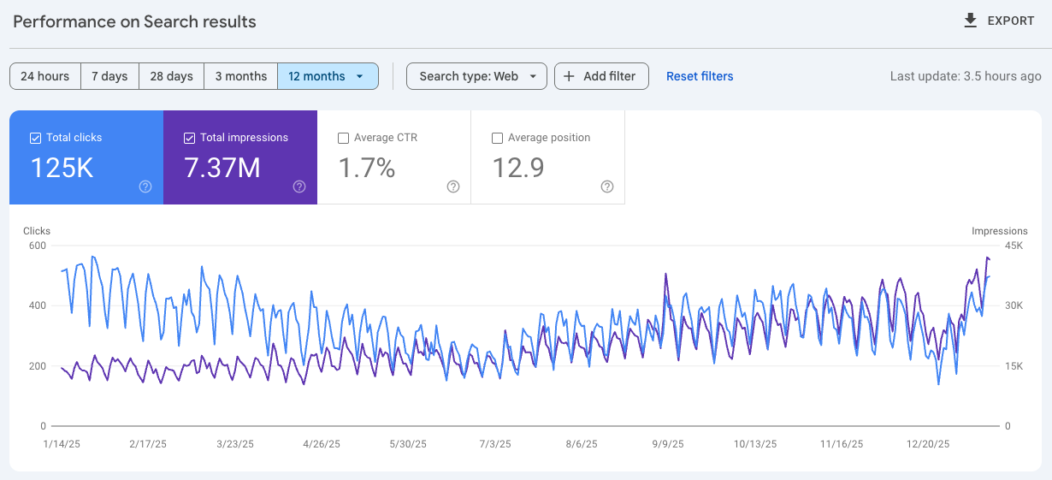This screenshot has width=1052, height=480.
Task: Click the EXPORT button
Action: (x=998, y=21)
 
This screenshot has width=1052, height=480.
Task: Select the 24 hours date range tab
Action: (x=45, y=76)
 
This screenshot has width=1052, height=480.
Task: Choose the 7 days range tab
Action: (x=109, y=76)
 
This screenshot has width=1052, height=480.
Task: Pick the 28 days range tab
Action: (x=171, y=76)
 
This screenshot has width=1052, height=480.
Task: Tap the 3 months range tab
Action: (x=240, y=76)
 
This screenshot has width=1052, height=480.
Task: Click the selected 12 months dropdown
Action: (x=327, y=76)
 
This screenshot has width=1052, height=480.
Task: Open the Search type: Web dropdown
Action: (x=476, y=76)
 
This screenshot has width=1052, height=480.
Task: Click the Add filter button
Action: (x=601, y=76)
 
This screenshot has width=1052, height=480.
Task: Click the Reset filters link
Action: (x=700, y=76)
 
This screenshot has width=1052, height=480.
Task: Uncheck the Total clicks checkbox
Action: (x=35, y=138)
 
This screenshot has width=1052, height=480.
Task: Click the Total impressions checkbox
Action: (x=189, y=138)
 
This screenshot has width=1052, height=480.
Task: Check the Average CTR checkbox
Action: (x=343, y=138)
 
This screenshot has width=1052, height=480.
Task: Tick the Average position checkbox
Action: (x=497, y=138)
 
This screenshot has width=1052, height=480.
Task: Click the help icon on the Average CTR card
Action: (x=453, y=187)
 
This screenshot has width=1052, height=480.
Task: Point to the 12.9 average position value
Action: (x=518, y=168)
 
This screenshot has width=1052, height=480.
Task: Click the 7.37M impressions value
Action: (x=222, y=168)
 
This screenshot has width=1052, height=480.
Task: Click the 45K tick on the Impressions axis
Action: (x=1014, y=246)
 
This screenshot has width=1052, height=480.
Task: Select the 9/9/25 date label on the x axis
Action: (x=668, y=444)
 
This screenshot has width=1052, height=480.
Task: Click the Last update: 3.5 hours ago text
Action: (x=966, y=76)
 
